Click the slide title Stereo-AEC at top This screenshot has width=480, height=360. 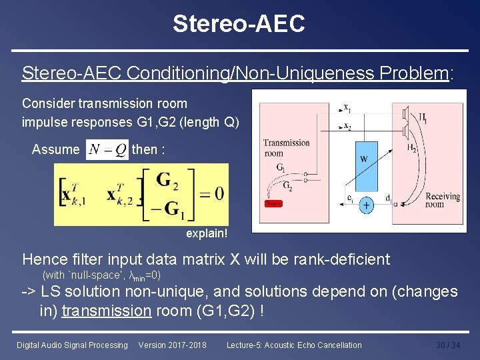point(239,24)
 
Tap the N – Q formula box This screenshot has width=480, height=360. point(107,149)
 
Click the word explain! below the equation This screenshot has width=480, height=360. point(207,234)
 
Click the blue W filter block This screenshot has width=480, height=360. point(364,159)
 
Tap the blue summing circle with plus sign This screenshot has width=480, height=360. point(366,206)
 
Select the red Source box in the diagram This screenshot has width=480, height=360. point(273,203)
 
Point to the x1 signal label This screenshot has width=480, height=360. point(347,108)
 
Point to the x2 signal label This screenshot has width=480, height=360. point(347,126)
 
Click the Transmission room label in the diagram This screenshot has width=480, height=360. point(286,147)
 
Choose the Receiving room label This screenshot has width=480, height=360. point(443,201)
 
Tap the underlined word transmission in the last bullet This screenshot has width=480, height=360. point(106,310)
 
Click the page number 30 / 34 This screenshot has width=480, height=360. point(447,345)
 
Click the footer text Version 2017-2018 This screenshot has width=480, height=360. point(172,345)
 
